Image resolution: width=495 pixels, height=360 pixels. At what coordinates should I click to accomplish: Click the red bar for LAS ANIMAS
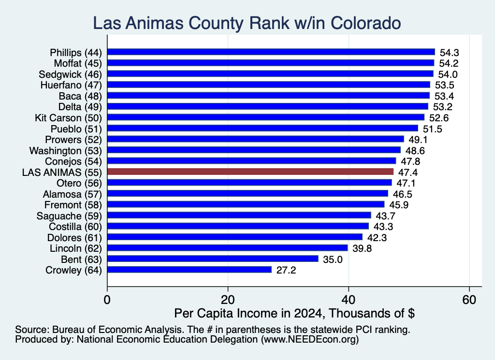[x=250, y=172]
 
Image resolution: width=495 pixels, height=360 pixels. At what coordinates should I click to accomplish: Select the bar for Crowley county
[x=189, y=270]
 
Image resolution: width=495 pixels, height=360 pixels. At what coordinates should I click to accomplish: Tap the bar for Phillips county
[x=271, y=52]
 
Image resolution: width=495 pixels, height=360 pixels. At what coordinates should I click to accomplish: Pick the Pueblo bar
[x=262, y=128]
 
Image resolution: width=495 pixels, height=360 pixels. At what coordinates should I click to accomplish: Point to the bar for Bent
[x=213, y=259]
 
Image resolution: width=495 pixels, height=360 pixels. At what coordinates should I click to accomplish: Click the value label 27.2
[x=286, y=270]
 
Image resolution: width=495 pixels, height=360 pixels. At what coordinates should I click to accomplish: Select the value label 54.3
[x=449, y=53]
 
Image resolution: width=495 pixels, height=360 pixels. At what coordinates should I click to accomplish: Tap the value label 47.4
[x=408, y=173]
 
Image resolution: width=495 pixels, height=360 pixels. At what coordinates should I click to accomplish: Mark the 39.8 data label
[x=362, y=248]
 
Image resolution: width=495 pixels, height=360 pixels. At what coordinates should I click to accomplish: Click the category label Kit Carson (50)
[x=68, y=118]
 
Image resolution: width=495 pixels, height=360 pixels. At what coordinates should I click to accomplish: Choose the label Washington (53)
[x=66, y=151]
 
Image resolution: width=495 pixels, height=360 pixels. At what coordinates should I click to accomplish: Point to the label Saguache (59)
[x=69, y=216]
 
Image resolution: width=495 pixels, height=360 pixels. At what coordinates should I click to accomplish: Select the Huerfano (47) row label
[x=71, y=85]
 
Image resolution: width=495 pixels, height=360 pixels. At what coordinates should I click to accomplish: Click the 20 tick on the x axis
[x=228, y=300]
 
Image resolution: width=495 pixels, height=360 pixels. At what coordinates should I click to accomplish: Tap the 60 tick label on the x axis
[x=469, y=300]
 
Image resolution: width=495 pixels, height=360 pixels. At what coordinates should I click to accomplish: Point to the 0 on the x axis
[x=107, y=300]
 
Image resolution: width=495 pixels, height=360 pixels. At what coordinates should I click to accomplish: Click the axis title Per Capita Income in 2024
[x=249, y=313]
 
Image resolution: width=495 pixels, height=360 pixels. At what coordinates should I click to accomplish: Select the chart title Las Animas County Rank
[x=191, y=23]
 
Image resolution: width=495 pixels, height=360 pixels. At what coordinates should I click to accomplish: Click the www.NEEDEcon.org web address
[x=310, y=339]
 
